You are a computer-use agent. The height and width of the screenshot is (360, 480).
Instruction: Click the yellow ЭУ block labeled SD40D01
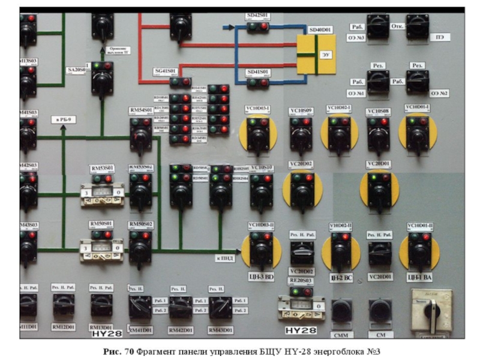(x=316, y=54)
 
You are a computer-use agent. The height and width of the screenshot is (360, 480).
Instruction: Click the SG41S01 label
(x=166, y=71)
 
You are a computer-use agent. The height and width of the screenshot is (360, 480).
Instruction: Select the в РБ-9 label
(x=64, y=119)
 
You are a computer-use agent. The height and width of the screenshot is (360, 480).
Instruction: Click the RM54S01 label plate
(x=141, y=111)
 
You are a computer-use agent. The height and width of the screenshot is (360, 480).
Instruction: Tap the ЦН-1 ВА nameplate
(x=419, y=277)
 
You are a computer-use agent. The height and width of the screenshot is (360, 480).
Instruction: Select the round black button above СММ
(x=341, y=310)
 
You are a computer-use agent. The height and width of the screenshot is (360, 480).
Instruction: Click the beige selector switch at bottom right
(x=431, y=311)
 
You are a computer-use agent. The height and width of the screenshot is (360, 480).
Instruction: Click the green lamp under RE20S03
(x=295, y=292)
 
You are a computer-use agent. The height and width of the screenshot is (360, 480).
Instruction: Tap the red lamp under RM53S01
(x=109, y=179)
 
